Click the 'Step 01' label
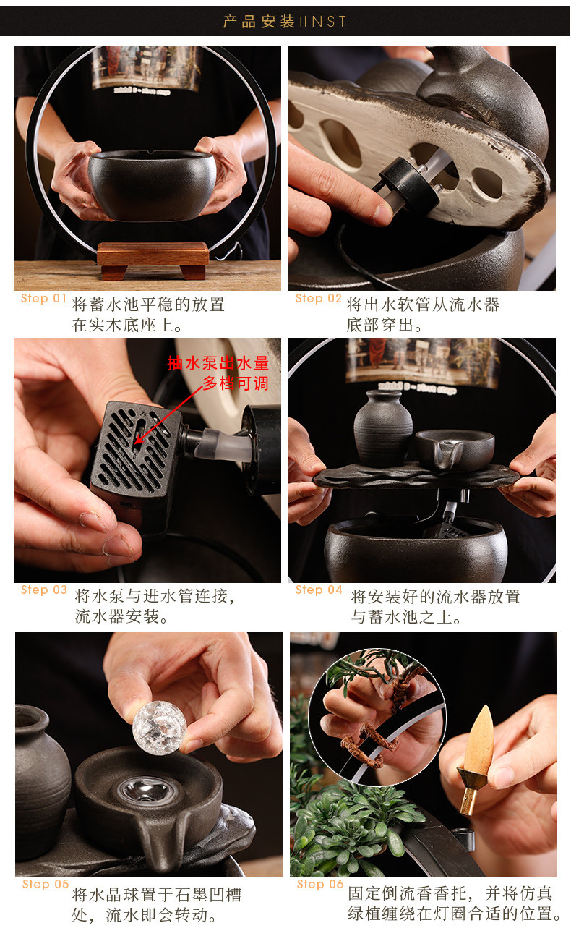(43, 298)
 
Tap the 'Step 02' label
(318, 298)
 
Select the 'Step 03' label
(44, 590)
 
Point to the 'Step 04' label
(319, 590)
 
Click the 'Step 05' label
(45, 884)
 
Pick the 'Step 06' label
(319, 884)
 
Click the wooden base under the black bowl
(153, 260)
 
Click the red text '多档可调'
(236, 383)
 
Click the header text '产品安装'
(259, 21)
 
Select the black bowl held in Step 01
(153, 185)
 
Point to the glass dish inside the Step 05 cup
(145, 788)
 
